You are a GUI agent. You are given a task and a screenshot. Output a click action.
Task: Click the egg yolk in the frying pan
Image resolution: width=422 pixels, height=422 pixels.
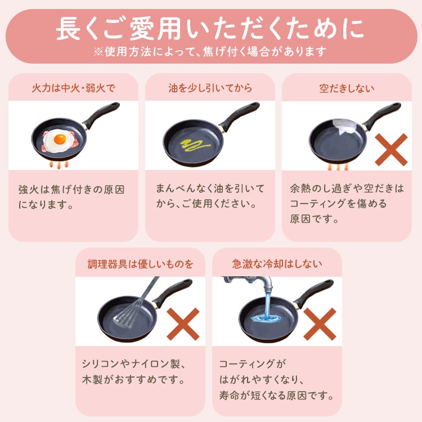tap(60, 139)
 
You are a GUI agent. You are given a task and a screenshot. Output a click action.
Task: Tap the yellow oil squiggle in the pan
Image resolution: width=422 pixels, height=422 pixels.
tap(194, 145)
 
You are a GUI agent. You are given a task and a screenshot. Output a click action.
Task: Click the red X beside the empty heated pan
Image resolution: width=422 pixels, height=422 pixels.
tap(391, 149)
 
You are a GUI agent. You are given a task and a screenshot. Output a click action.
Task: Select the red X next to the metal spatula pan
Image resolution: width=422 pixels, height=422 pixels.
tap(183, 324)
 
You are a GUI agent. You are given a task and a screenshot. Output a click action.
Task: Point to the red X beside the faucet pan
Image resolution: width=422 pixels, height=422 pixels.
tap(320, 324)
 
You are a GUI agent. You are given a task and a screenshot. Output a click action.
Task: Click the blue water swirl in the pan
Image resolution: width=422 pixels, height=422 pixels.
tap(267, 318)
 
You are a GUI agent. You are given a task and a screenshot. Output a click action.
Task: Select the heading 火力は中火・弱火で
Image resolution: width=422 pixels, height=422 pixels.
tap(73, 88)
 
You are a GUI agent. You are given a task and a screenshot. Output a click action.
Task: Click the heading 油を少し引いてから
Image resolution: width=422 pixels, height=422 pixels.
tap(210, 88)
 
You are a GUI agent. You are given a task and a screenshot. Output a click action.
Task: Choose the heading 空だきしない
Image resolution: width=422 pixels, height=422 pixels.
tap(347, 88)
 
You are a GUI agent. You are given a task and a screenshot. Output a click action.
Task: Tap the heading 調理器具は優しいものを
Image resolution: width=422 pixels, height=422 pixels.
tap(141, 264)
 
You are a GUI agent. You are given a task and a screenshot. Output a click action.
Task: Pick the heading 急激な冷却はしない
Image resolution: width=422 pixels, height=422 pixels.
tap(277, 264)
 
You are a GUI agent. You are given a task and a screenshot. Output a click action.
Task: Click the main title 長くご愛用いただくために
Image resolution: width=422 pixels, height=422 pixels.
tap(210, 29)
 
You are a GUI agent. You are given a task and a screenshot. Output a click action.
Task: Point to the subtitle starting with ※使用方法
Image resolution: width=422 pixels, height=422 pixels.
tap(210, 51)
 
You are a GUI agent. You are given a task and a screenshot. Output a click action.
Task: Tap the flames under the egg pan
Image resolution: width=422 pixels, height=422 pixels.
tap(59, 164)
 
